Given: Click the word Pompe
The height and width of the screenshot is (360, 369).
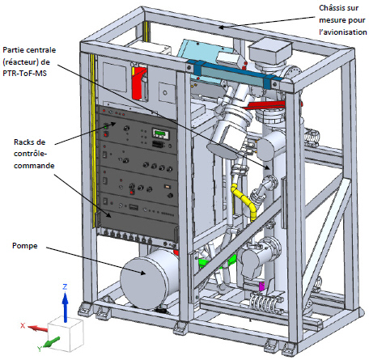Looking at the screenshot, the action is tap(25, 246).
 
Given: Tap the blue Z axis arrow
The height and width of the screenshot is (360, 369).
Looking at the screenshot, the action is tap(65, 307).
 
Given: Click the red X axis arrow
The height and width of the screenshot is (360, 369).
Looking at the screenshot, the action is tap(37, 328).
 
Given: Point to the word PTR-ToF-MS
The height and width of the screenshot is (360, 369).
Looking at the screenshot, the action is tap(24, 73).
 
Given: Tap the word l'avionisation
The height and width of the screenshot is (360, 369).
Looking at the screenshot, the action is tap(343, 32).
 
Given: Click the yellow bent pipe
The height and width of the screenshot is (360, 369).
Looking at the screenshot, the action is tap(244, 200).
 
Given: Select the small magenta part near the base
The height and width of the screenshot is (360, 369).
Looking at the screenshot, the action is tap(261, 286).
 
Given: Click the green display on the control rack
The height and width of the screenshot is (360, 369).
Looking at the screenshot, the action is tap(161, 133).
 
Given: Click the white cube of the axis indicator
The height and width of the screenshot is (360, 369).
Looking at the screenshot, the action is tap(66, 334).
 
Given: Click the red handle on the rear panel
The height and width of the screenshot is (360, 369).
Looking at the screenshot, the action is tap(138, 83).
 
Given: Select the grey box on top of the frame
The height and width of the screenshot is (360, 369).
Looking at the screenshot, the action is tap(270, 51).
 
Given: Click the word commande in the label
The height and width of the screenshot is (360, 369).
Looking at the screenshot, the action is tap(34, 165).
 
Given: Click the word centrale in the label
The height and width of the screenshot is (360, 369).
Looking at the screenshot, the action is tap(41, 50).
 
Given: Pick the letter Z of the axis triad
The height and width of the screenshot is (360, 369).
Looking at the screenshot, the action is tap(65, 286).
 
